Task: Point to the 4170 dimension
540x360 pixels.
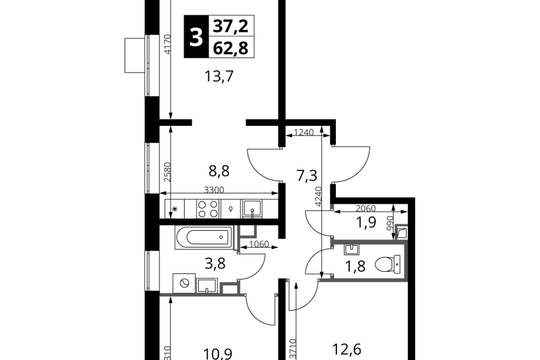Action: (166, 44)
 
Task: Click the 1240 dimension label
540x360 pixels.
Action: (304, 132)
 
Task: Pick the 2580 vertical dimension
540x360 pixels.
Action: (166, 172)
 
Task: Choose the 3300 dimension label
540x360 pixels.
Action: (214, 190)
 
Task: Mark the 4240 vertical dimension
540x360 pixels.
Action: (318, 196)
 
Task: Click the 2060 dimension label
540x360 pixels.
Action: (366, 208)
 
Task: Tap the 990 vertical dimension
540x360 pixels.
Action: (390, 223)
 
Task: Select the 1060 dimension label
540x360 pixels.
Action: (259, 244)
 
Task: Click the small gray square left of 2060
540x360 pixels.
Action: (332, 206)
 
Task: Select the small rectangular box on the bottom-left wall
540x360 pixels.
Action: (229, 289)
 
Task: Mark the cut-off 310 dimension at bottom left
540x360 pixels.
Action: (166, 352)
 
